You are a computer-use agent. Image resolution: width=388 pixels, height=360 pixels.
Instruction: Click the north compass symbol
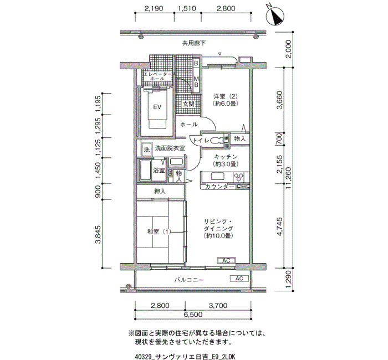pyautogui.click(x=275, y=16)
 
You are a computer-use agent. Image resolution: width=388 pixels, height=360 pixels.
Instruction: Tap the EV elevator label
pyautogui.click(x=157, y=107)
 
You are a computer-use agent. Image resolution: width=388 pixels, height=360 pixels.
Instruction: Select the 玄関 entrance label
pyautogui.click(x=188, y=104)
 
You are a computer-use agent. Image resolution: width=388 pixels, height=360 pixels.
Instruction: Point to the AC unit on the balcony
pyautogui.click(x=239, y=279)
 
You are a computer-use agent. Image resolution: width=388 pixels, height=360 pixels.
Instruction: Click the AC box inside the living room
pyautogui.click(x=226, y=261)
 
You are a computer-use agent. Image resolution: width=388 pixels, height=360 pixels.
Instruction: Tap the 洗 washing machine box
pyautogui.click(x=147, y=150)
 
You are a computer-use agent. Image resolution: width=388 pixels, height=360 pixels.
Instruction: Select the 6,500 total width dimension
pyautogui.click(x=193, y=315)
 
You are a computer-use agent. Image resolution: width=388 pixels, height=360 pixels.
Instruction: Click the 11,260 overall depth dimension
pyautogui.click(x=288, y=178)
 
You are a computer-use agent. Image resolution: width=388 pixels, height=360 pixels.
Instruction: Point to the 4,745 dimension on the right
pyautogui.click(x=279, y=227)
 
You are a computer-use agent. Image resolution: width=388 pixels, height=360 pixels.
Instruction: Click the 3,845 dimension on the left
pyautogui.click(x=98, y=234)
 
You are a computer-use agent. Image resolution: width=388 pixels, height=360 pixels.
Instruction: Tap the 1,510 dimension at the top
pyautogui.click(x=187, y=8)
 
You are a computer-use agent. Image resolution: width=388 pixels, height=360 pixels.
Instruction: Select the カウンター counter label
pyautogui.click(x=219, y=187)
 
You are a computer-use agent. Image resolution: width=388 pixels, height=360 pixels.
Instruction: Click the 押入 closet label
pyautogui.click(x=160, y=191)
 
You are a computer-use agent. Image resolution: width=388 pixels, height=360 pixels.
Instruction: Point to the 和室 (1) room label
pyautogui.click(x=159, y=232)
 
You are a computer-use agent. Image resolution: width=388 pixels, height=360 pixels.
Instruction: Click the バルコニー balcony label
pyautogui.click(x=189, y=280)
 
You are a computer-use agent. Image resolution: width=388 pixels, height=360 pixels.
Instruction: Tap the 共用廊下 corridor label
pyautogui.click(x=194, y=43)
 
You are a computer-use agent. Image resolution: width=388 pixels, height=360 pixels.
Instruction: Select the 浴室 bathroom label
pyautogui.click(x=159, y=170)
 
